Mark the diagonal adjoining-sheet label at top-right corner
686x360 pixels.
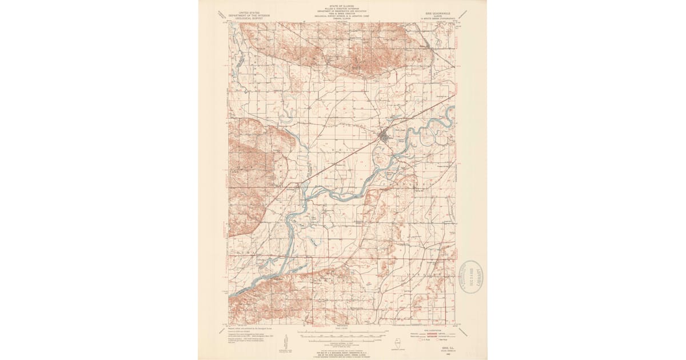point(463,14)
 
